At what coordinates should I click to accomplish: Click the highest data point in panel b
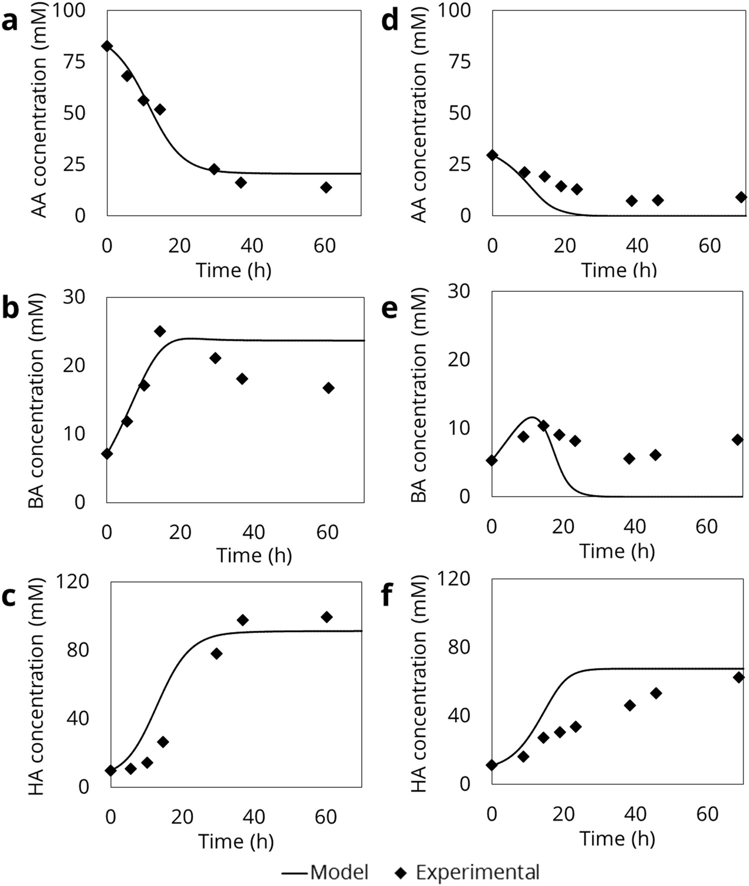click(160, 331)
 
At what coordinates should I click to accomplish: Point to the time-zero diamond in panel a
click(107, 46)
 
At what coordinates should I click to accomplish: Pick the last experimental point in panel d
click(741, 197)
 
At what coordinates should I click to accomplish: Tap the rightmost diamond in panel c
click(327, 617)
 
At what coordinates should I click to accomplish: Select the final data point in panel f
click(739, 677)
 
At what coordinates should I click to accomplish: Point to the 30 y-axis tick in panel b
click(74, 297)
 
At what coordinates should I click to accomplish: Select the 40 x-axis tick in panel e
click(635, 526)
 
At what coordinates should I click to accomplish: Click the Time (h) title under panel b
click(254, 555)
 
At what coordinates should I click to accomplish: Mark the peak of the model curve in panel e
click(532, 417)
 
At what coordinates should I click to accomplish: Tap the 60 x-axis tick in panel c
click(326, 817)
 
